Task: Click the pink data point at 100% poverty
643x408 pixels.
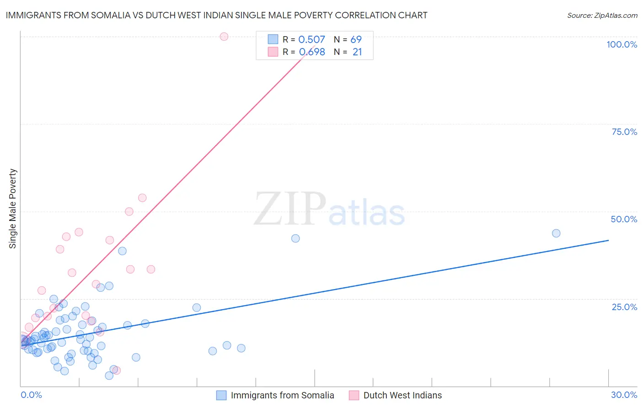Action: (224, 37)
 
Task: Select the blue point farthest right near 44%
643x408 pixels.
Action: (556, 233)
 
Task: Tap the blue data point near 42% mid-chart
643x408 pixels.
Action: (295, 238)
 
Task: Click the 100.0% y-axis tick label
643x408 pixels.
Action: (622, 44)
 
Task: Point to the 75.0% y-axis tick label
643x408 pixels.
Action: (624, 132)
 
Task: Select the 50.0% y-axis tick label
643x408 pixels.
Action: (624, 219)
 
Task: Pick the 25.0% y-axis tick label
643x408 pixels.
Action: (624, 307)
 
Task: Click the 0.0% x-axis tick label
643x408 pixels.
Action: (31, 395)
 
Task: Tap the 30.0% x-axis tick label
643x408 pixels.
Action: (624, 395)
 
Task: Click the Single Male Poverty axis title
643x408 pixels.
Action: (13, 209)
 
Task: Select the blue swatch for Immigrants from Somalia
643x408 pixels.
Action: (221, 395)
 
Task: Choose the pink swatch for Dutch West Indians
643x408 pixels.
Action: (354, 395)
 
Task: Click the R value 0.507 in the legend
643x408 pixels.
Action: (311, 40)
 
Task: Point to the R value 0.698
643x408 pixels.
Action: (311, 52)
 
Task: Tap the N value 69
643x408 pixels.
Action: (356, 40)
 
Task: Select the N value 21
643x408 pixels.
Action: (357, 52)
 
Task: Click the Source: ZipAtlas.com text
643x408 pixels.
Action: (602, 16)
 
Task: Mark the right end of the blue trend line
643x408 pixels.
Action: (608, 240)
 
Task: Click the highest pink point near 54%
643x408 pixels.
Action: (142, 198)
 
